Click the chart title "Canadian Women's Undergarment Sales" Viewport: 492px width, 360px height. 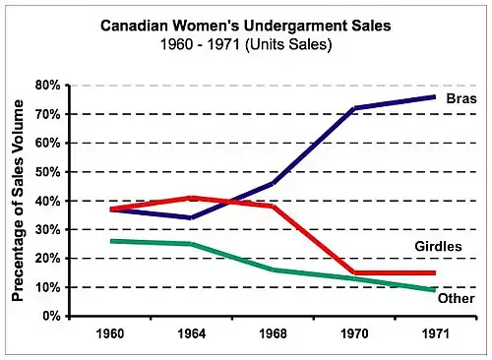coord(246,26)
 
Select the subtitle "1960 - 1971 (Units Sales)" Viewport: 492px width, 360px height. coord(246,44)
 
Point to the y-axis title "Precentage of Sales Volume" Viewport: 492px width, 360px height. coord(18,201)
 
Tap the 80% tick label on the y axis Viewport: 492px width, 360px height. coord(48,86)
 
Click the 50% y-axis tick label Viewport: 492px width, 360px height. coord(48,172)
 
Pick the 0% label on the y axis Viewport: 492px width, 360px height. coord(51,317)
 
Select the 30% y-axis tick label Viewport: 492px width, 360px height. coord(48,230)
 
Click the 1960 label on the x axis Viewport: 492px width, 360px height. coord(110,333)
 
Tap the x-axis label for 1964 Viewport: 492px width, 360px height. coord(192,333)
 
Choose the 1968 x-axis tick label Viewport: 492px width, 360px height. coord(273,333)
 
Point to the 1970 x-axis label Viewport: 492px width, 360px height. coord(354,333)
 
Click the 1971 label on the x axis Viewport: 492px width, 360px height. coord(435,333)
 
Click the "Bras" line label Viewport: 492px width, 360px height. coord(461,98)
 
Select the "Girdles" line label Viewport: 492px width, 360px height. coord(438,246)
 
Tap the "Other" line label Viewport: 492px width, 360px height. coord(456,298)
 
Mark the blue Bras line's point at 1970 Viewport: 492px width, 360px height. coord(354,108)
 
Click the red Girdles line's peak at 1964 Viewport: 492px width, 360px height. coord(192,198)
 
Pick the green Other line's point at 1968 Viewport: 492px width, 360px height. coord(273,270)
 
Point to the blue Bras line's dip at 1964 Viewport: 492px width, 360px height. coord(192,217)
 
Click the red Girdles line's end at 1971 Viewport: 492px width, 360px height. coord(435,272)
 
